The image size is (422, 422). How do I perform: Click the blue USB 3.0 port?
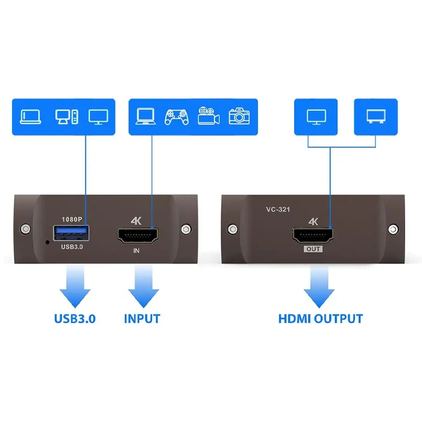(x=71, y=233)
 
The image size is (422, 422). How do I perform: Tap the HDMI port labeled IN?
(x=138, y=236)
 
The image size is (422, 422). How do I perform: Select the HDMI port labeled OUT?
(x=313, y=236)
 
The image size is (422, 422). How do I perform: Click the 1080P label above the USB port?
(x=72, y=219)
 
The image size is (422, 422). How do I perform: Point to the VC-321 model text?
(x=278, y=209)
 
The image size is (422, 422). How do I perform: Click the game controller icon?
(x=177, y=117)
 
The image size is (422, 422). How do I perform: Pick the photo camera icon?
(x=239, y=116)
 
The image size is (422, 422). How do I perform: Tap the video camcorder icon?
(x=209, y=116)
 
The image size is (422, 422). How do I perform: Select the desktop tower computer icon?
(x=67, y=117)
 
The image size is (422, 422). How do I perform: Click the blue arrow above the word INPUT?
(x=143, y=286)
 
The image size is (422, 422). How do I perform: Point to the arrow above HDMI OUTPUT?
(x=319, y=286)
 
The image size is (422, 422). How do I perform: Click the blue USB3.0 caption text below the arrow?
(x=75, y=319)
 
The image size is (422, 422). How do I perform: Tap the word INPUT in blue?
(x=142, y=319)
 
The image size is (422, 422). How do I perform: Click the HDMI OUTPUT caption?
(x=321, y=319)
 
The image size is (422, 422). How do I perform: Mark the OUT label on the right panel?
(x=313, y=249)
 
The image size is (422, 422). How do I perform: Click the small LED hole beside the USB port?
(x=48, y=242)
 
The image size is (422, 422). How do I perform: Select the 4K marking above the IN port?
(x=136, y=221)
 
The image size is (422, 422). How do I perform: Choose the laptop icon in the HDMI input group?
(x=146, y=116)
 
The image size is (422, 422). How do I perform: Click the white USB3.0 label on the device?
(x=72, y=247)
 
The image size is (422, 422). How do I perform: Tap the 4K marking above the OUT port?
(x=313, y=221)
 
